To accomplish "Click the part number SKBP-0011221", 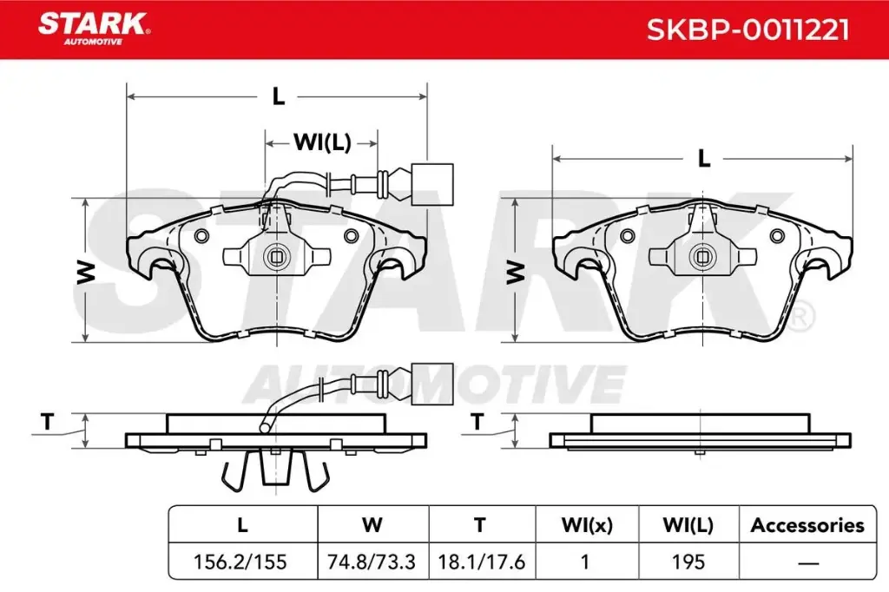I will pos(747,30).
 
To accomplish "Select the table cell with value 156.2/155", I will pos(242,562).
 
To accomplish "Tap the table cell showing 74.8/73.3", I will pos(372,562).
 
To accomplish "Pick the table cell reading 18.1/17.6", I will pos(480,562).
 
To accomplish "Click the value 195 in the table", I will pos(688,562).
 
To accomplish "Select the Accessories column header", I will pos(807,525).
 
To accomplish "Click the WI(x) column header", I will pos(587,525).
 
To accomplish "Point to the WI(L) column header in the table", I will pos(688,525).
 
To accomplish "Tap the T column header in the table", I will pos(480,525).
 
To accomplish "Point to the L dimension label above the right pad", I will pos(704,159).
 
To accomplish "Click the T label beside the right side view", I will pos(477,423).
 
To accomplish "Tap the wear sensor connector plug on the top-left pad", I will pos(431,184).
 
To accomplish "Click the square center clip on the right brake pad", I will pos(701,256).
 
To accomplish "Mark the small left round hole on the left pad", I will pos(202,237).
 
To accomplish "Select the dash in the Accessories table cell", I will pos(807,562).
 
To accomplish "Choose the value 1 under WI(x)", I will pos(586,562).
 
